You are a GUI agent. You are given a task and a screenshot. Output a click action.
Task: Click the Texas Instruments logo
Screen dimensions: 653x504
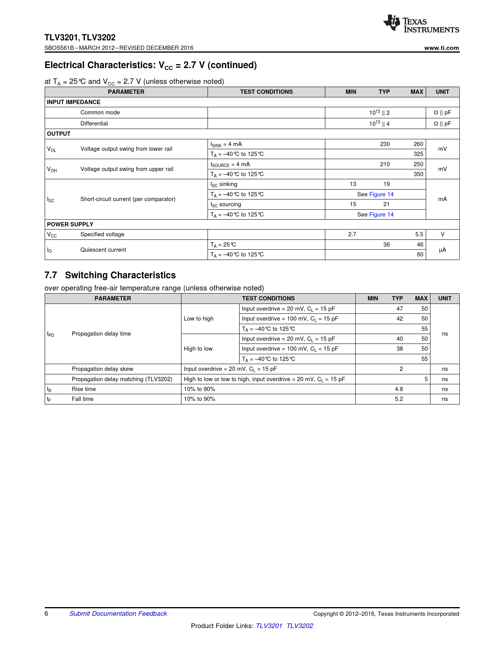click(421, 24)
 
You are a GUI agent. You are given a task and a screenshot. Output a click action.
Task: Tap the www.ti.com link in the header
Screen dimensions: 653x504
click(442, 48)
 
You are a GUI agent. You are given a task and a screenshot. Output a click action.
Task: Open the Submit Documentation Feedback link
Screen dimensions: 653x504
click(118, 613)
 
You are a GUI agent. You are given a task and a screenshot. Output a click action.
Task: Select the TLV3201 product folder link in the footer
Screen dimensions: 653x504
click(269, 626)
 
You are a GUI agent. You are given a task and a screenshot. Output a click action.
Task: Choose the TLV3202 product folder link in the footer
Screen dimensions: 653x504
click(300, 626)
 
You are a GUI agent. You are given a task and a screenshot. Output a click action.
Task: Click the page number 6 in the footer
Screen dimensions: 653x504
click(46, 613)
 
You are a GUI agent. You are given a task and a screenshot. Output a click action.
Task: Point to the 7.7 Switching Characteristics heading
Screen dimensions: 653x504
click(110, 275)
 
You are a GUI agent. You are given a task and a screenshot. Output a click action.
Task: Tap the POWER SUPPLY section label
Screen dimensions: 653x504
click(70, 224)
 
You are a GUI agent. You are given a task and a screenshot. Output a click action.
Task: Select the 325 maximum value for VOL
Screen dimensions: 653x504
click(418, 154)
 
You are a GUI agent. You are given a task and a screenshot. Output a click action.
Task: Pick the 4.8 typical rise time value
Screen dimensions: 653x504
click(399, 389)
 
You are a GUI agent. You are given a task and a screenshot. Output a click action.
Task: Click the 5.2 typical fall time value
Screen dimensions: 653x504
click(399, 399)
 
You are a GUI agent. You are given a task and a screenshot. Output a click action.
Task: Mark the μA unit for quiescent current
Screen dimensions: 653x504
click(442, 250)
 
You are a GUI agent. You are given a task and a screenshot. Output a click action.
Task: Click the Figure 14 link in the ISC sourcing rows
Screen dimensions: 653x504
click(381, 215)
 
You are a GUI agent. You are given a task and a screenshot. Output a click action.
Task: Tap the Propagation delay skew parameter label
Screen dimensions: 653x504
click(102, 369)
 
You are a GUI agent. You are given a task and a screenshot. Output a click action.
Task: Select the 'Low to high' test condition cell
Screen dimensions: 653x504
click(198, 319)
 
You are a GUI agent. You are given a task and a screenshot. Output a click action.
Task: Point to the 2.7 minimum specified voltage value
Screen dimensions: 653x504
click(352, 234)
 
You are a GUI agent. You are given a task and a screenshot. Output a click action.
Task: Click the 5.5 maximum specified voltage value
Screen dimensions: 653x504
click(419, 234)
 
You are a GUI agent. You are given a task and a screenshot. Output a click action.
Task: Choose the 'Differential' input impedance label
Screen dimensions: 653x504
click(94, 123)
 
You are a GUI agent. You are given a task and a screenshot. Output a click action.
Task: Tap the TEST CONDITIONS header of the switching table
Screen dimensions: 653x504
click(268, 298)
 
